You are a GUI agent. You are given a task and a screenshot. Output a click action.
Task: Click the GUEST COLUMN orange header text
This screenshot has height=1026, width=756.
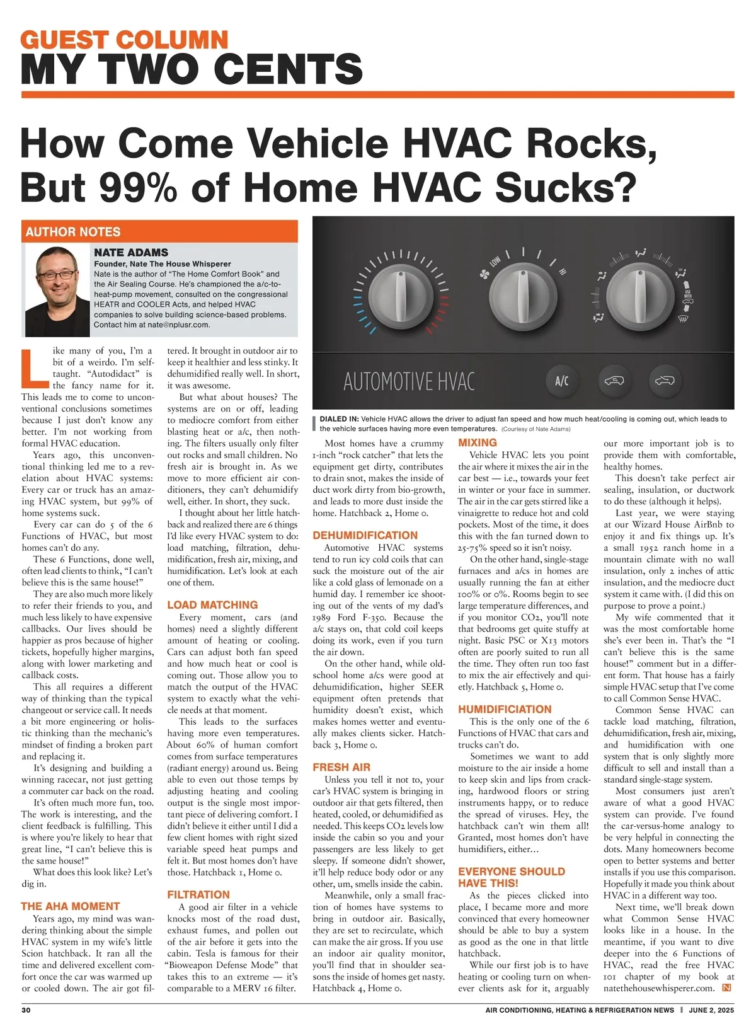pos(124,40)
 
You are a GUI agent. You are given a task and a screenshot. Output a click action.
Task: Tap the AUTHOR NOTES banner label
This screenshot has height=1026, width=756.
pos(73,231)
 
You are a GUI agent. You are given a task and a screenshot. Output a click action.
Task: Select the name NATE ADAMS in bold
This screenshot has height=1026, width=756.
pos(131,253)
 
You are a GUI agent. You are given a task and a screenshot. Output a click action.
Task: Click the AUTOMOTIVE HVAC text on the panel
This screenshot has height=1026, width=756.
pos(409,382)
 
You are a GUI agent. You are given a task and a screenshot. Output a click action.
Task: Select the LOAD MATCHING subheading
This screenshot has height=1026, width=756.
pos(212,605)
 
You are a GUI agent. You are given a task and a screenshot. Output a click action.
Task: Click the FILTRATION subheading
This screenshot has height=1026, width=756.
pos(198,895)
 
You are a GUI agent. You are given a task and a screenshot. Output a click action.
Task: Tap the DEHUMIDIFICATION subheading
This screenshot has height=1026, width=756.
pos(365,536)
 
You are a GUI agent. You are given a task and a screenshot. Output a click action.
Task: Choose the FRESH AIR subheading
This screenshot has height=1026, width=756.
pos(341,768)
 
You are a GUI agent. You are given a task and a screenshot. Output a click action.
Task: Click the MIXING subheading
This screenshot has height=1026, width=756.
pos(478,443)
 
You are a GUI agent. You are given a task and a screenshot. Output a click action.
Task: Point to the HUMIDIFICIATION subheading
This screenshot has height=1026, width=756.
pos(505,710)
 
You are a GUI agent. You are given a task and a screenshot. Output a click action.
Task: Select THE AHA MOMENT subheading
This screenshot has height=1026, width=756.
pos(71,906)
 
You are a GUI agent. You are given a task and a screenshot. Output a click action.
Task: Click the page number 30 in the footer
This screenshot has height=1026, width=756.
pos(26,1010)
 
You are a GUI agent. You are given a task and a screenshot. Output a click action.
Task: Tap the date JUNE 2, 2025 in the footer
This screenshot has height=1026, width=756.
pos(711,1010)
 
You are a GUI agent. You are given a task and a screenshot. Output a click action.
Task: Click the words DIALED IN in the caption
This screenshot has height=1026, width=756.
pos(339,419)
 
